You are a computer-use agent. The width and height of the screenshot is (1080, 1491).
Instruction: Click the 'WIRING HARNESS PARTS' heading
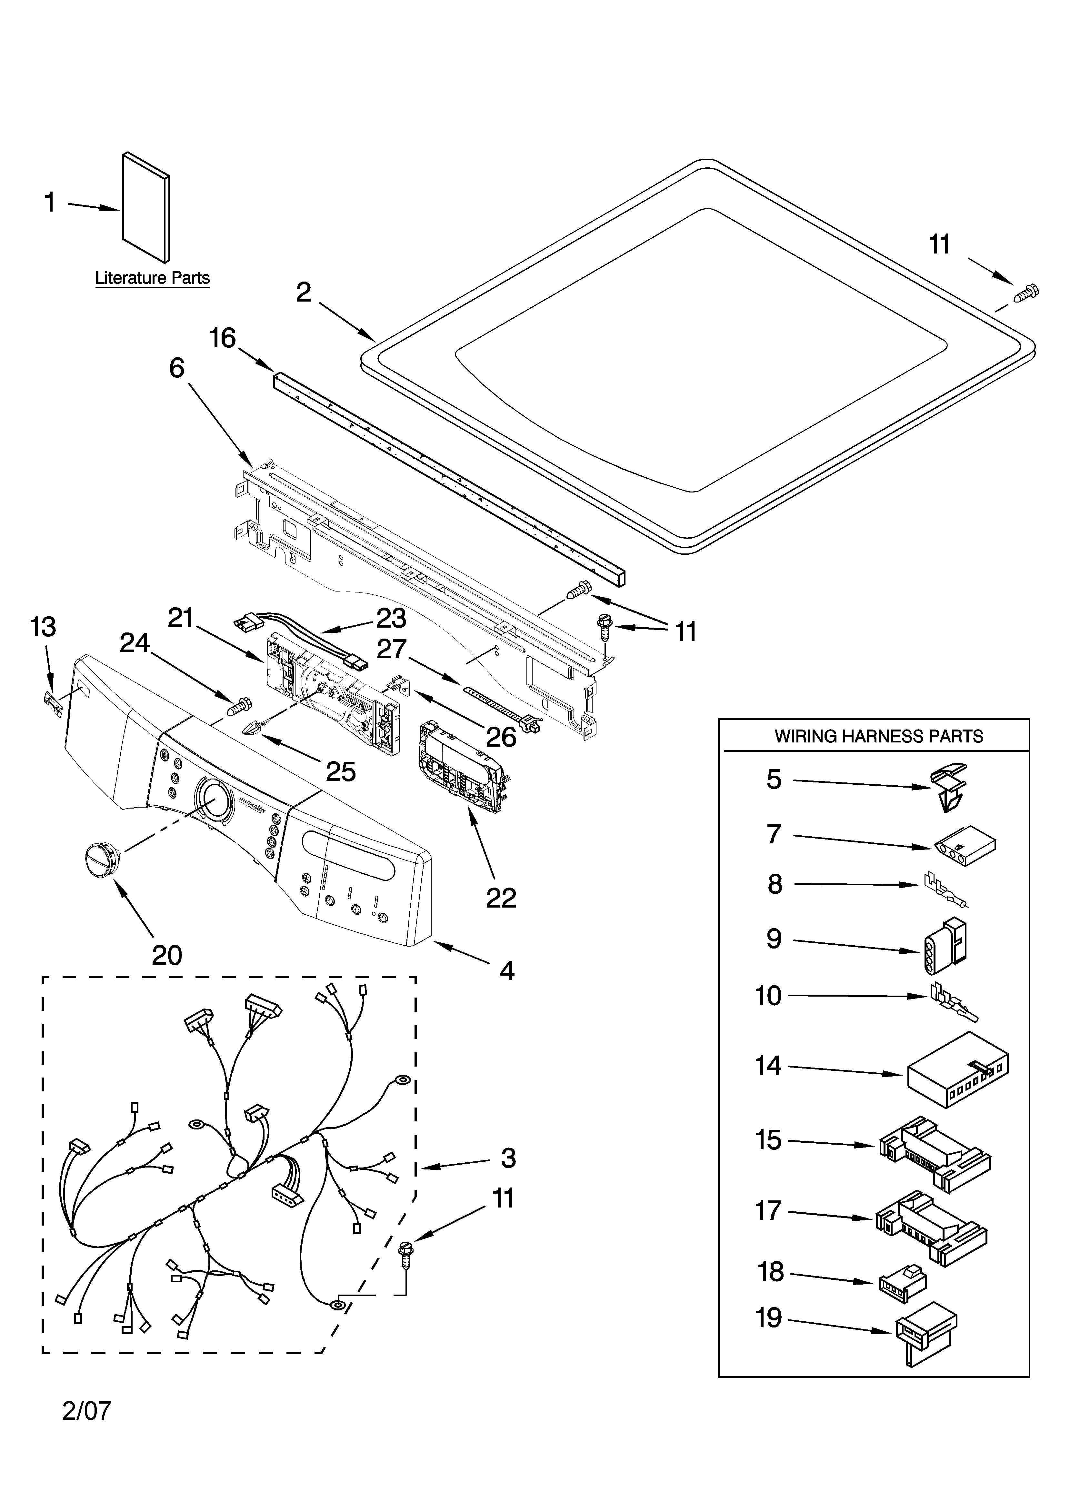[879, 736]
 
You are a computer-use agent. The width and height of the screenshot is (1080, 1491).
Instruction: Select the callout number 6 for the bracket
[176, 368]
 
